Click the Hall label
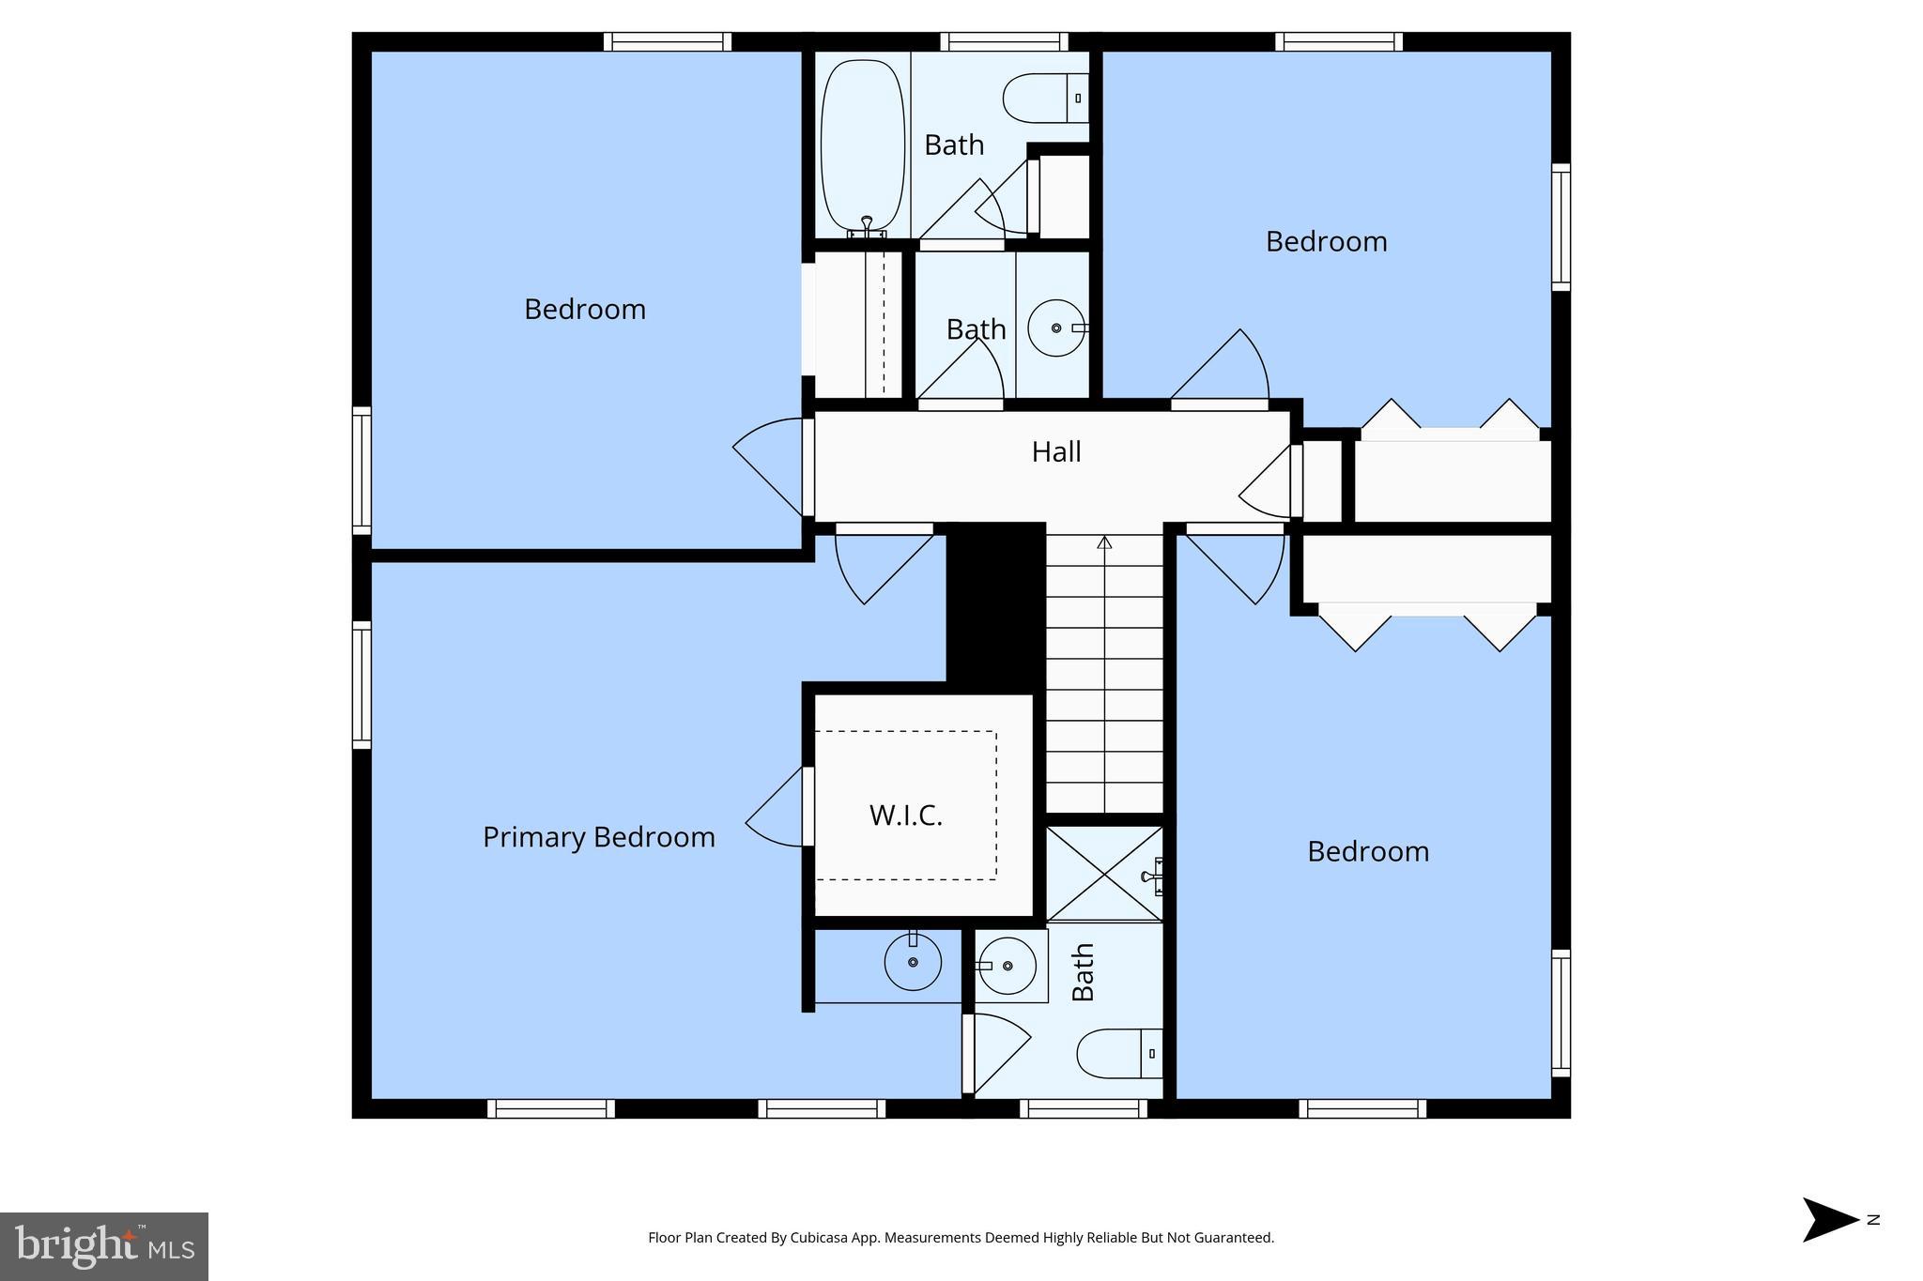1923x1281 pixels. [1056, 452]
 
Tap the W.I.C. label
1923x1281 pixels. [905, 816]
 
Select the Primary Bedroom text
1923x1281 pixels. [599, 837]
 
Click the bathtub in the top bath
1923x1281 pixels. [862, 145]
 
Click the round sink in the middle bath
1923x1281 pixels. [1056, 328]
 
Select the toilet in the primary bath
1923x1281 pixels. [1117, 1054]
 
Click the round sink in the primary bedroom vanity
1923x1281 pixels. [913, 962]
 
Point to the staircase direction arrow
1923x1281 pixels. [1105, 542]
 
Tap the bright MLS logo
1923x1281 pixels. [104, 1246]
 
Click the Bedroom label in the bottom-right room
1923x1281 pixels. [1368, 852]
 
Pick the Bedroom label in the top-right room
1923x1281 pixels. [1326, 242]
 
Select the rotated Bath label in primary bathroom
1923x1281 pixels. [1084, 972]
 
